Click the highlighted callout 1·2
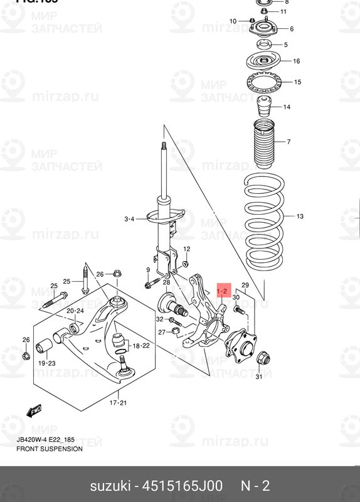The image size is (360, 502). coord(223,292)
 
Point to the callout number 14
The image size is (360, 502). coord(287,107)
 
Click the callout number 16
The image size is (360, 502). coord(296,61)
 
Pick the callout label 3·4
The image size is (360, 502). coord(129,218)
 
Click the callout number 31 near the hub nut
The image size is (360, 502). coord(258,376)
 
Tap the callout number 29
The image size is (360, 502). coord(246,286)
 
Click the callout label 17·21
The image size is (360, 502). coord(119,402)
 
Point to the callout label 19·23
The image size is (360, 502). coord(48,363)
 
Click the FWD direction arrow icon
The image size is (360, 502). coord(32,411)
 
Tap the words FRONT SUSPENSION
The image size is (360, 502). coord(50,449)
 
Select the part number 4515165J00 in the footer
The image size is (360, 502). coord(181,486)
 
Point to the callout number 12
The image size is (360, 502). coord(186,250)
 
